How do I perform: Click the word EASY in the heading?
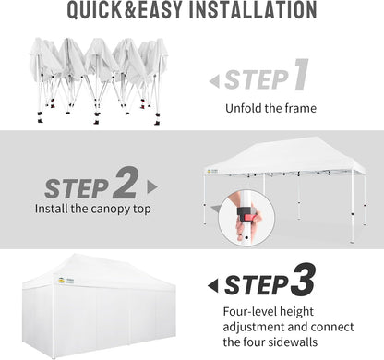tap(166, 11)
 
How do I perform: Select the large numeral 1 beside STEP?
tap(300, 77)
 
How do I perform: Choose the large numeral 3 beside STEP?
tap(304, 281)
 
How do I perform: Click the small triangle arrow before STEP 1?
tap(214, 81)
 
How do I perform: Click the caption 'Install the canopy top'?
tap(94, 209)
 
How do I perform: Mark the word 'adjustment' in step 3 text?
tap(256, 330)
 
